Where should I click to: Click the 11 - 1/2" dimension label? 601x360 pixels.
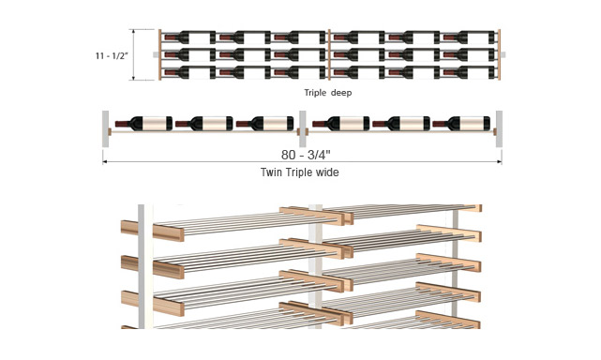coord(112,56)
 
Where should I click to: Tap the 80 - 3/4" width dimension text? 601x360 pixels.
coord(306,155)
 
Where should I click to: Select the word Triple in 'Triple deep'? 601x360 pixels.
coord(315,93)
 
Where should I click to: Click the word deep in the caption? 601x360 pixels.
coord(341,93)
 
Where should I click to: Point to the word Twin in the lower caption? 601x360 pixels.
coord(271,172)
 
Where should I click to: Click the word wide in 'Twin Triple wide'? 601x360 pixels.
coord(327,172)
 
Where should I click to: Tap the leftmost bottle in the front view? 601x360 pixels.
coord(143,124)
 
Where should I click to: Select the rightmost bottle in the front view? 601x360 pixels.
coord(461,124)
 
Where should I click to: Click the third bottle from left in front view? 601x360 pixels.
coord(264,124)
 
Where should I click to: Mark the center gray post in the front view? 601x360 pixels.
coord(303,128)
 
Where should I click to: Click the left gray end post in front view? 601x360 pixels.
coord(105,128)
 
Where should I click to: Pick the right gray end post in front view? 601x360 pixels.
coord(499,128)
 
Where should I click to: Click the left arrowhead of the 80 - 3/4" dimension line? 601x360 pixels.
coord(104,162)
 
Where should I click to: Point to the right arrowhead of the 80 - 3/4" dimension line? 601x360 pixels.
coord(500,162)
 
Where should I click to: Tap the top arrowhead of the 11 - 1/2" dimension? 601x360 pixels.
coord(133,32)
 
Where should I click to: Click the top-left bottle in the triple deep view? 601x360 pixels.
coord(177,37)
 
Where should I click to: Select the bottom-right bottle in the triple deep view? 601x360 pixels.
coord(456,72)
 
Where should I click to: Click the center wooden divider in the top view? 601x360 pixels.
coord(329,54)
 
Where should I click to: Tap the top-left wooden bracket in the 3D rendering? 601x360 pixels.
coord(153,231)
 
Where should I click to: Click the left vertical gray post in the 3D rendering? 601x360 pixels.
coord(141,266)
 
